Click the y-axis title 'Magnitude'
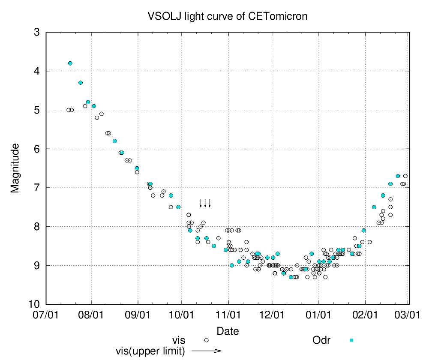(x=15, y=168)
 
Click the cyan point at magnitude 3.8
(x=70, y=63)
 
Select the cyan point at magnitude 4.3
(x=81, y=83)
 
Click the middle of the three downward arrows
(x=205, y=203)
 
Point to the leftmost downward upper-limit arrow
(x=201, y=203)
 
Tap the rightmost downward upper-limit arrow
(x=210, y=203)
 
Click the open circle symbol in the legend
(x=206, y=340)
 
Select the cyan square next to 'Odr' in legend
(x=351, y=340)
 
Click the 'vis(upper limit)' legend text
(x=150, y=351)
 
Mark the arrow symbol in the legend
(x=206, y=351)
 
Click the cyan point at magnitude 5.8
(x=115, y=141)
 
